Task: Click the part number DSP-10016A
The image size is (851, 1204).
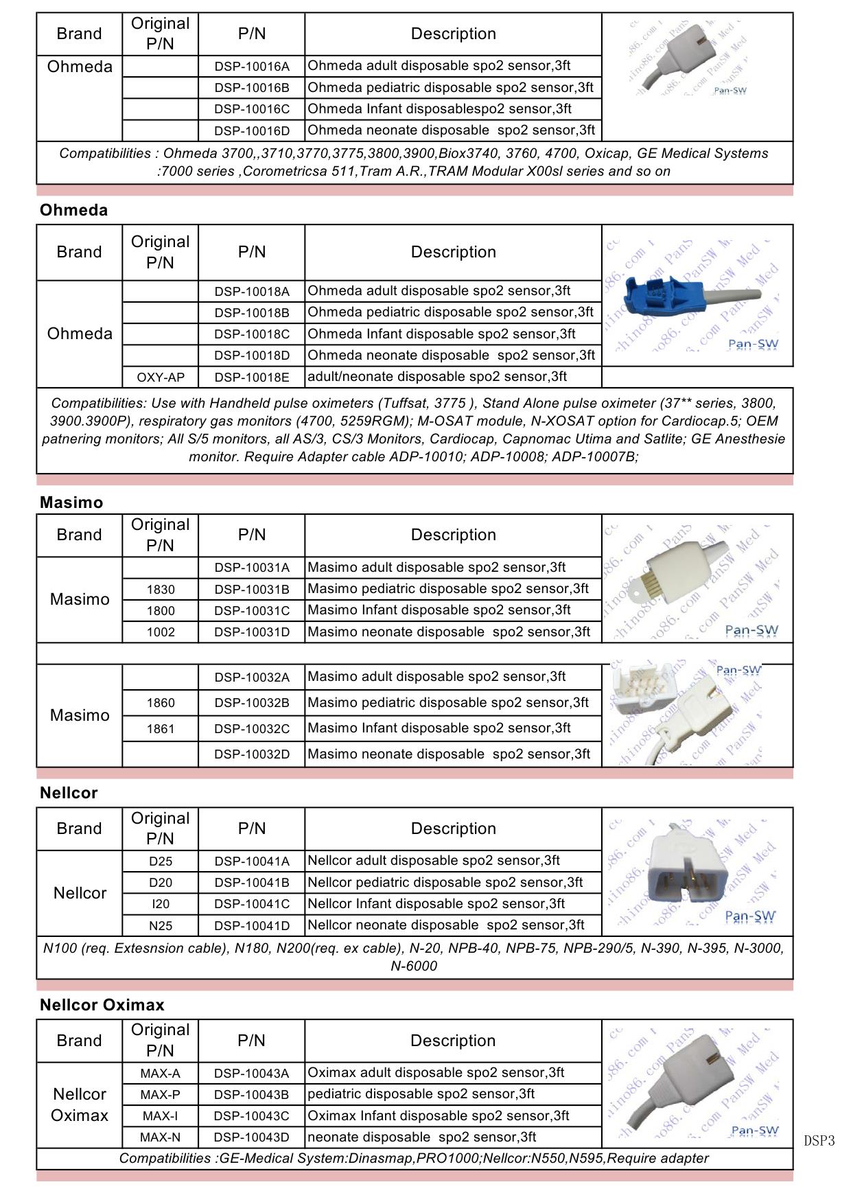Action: (252, 67)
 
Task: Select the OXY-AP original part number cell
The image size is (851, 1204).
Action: (160, 377)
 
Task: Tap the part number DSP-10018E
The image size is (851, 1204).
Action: (252, 377)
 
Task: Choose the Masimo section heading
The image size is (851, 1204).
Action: (71, 502)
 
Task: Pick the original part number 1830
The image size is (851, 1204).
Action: (161, 590)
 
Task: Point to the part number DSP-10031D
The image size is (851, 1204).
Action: (252, 632)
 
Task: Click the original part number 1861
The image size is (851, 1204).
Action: (161, 729)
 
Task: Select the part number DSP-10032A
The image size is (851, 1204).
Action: (252, 678)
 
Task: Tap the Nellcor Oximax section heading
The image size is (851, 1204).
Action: (102, 1005)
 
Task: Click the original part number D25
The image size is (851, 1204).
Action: (161, 861)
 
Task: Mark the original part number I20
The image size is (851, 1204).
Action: (161, 904)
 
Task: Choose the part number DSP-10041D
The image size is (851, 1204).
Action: (252, 926)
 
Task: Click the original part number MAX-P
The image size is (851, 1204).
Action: (161, 1095)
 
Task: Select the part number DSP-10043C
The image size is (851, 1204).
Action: (252, 1116)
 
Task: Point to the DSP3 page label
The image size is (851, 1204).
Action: (819, 1142)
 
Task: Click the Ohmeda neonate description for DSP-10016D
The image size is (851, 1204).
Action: (452, 130)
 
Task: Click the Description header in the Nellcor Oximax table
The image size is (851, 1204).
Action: (453, 1041)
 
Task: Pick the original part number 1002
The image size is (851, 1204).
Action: (161, 632)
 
